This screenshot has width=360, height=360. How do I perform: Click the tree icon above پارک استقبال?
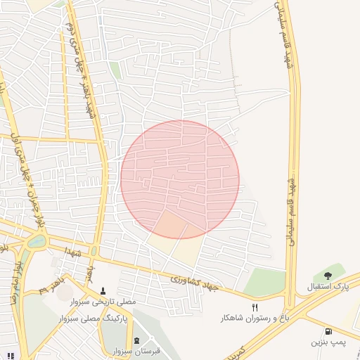[328, 275]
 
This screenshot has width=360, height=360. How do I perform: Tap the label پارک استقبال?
[328, 287]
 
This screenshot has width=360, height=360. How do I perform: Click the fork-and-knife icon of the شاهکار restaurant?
[255, 307]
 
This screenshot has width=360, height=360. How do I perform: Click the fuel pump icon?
[328, 331]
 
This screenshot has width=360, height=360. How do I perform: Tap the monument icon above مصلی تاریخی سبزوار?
[103, 290]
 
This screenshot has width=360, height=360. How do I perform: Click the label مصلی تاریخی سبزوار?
[103, 302]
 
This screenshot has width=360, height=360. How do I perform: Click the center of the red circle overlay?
[180, 179]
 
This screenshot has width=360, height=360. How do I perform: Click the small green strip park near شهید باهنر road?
[115, 70]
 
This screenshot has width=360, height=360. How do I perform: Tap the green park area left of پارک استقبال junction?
[265, 282]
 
